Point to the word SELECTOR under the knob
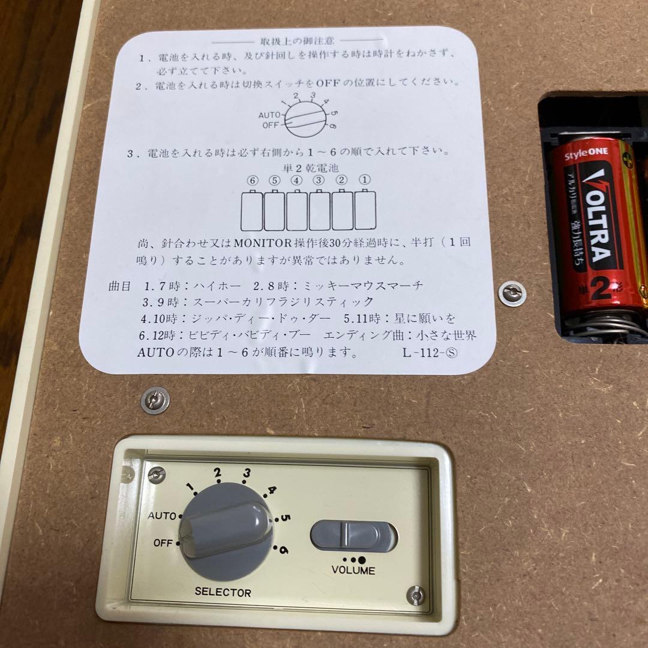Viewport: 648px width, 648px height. click(223, 592)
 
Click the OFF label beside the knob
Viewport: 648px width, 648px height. click(163, 543)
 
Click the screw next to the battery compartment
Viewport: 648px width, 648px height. click(513, 293)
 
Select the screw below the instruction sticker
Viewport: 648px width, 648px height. click(155, 400)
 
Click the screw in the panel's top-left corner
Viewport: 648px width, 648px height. click(157, 475)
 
